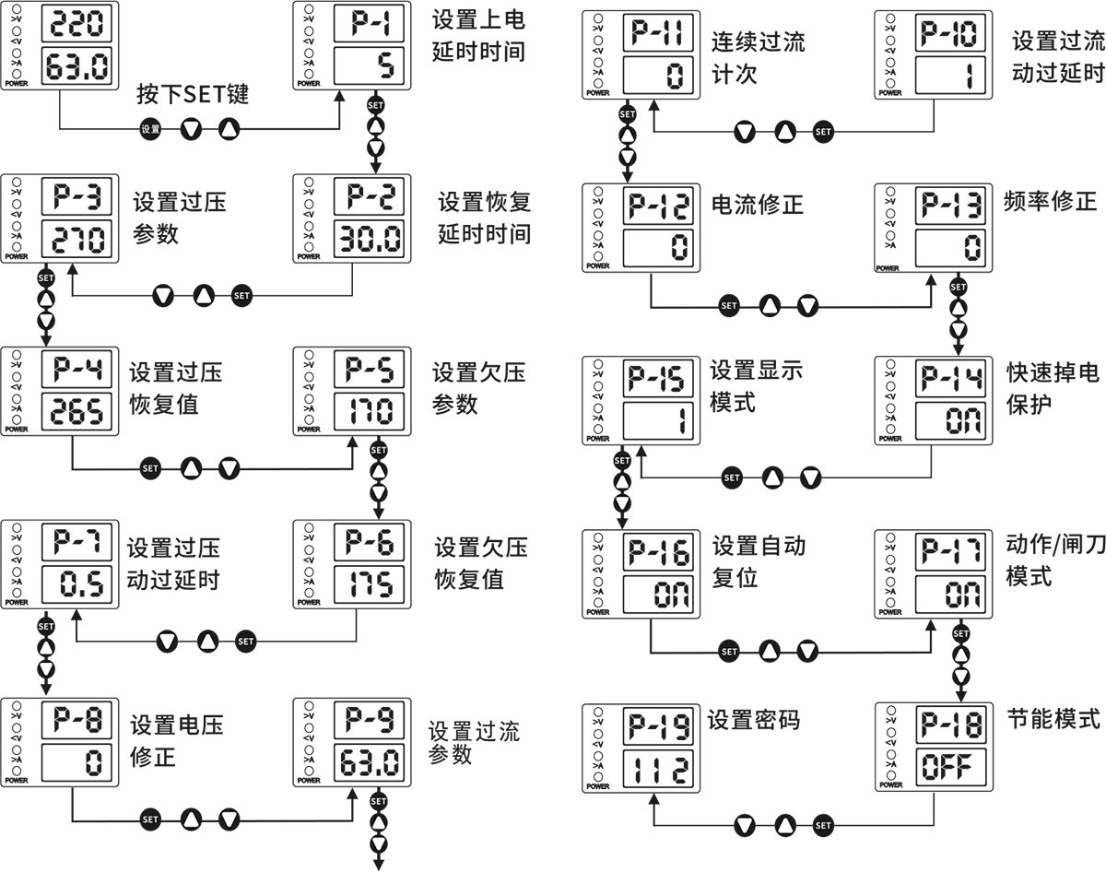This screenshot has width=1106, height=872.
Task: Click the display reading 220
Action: pyautogui.click(x=76, y=23)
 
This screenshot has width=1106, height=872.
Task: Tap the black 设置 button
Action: pyautogui.click(x=150, y=129)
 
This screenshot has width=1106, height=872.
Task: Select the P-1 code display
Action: pyautogui.click(x=369, y=23)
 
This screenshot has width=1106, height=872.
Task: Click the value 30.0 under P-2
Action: pyautogui.click(x=369, y=239)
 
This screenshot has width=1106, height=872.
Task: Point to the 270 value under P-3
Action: pyautogui.click(x=76, y=239)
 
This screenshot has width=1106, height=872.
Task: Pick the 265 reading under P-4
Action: pyautogui.click(x=76, y=412)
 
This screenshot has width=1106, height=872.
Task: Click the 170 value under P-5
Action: pyautogui.click(x=369, y=412)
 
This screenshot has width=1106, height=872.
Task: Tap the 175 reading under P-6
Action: pyautogui.click(x=369, y=584)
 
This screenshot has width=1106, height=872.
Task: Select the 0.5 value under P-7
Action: pyautogui.click(x=76, y=584)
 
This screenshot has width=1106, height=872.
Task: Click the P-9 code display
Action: pyautogui.click(x=369, y=719)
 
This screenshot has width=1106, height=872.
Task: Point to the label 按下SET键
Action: pyautogui.click(x=193, y=94)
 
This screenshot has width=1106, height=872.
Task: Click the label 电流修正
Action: pyautogui.click(x=758, y=205)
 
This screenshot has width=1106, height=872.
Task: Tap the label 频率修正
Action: pyautogui.click(x=1050, y=201)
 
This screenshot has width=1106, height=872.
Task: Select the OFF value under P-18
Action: pyautogui.click(x=951, y=767)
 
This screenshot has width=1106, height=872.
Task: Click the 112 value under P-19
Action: pyautogui.click(x=658, y=769)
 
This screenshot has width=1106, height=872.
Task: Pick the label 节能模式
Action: pyautogui.click(x=1053, y=719)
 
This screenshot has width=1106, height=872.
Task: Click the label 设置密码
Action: pyautogui.click(x=753, y=720)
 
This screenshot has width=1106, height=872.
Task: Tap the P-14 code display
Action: pyautogui.click(x=951, y=379)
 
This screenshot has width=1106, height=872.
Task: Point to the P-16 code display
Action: pyautogui.click(x=658, y=552)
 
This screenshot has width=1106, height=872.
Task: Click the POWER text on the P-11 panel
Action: pyautogui.click(x=598, y=93)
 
